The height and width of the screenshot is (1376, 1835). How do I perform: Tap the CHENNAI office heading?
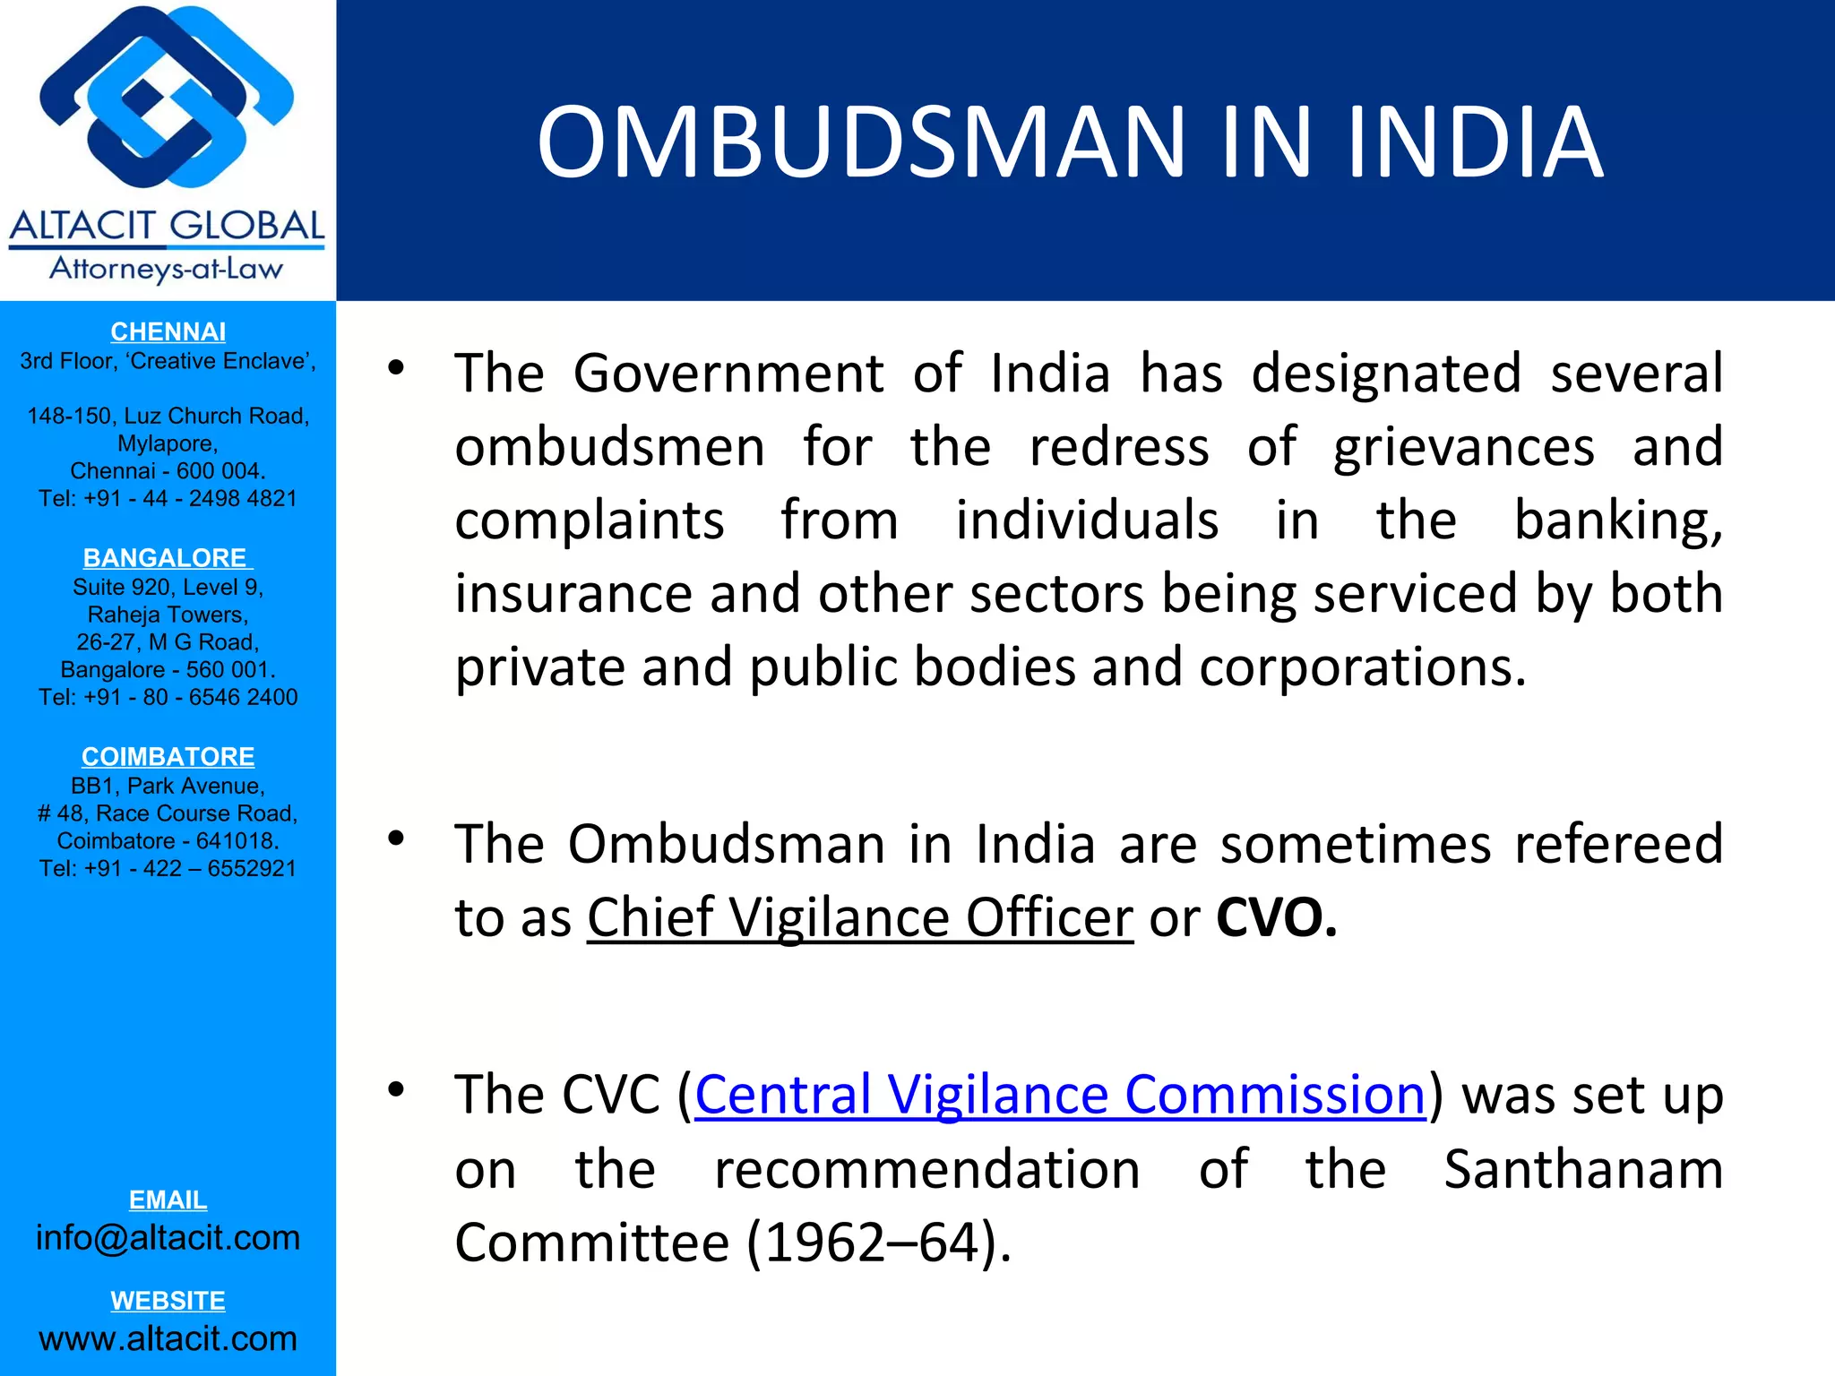tap(168, 332)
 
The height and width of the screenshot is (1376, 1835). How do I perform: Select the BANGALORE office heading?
tap(168, 558)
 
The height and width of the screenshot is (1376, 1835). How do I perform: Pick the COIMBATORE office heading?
tap(168, 757)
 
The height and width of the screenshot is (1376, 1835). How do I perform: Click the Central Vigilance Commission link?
tap(1060, 1095)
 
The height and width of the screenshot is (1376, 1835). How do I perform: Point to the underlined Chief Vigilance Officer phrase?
tap(860, 918)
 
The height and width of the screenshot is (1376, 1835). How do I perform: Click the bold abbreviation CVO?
tap(1276, 918)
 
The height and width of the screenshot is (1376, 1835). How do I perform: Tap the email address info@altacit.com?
tap(168, 1238)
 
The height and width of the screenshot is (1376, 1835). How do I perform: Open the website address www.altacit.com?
tap(168, 1338)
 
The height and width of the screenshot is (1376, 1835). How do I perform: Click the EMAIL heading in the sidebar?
tap(168, 1200)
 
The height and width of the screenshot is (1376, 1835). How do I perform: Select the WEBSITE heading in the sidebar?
tap(168, 1301)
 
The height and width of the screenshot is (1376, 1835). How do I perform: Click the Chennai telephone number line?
tap(168, 499)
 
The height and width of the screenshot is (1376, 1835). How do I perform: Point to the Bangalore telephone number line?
tap(168, 698)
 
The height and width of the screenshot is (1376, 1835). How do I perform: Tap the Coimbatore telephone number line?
tap(168, 869)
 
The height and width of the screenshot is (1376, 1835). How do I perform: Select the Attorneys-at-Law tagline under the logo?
tap(167, 269)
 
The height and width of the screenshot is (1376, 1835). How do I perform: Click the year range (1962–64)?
tap(879, 1243)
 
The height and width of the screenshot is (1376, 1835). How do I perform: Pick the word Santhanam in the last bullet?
tap(1583, 1170)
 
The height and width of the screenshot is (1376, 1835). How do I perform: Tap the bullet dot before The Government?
tap(396, 367)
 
